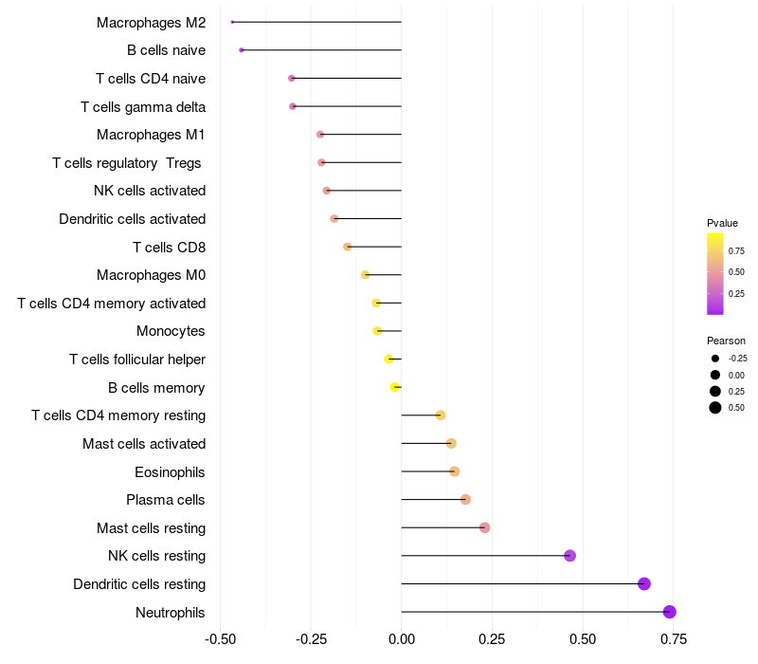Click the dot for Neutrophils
(670, 612)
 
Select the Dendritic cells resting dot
(644, 583)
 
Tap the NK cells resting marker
(570, 556)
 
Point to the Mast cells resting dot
(485, 527)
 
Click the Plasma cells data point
(465, 500)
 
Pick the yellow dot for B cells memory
(395, 387)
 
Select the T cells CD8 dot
(348, 247)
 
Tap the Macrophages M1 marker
(320, 135)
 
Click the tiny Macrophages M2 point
(232, 22)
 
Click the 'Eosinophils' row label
(171, 472)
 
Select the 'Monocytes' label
(171, 331)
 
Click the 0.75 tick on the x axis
(674, 639)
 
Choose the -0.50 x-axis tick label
(220, 639)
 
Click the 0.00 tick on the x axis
(402, 639)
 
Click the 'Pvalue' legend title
(722, 223)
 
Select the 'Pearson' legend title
(726, 341)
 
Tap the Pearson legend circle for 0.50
(715, 408)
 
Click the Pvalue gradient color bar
(715, 273)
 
